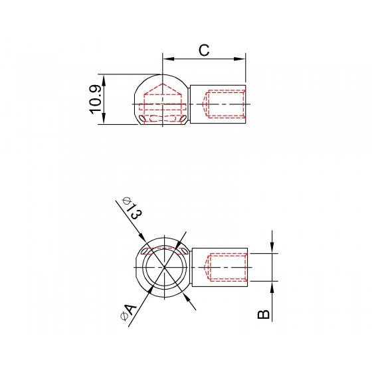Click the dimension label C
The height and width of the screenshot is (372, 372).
204,50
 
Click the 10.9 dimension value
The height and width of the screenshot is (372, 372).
96,100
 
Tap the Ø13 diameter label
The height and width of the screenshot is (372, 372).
133,208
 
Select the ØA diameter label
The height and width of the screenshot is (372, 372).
129,312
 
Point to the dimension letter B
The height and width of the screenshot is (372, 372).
263,314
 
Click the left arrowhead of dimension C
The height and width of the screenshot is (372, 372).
169,59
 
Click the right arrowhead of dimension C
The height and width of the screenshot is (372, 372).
239,59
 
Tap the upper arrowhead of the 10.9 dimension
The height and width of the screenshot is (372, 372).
104,80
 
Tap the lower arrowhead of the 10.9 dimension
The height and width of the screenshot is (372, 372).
104,118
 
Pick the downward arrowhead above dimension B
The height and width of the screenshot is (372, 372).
272,248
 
